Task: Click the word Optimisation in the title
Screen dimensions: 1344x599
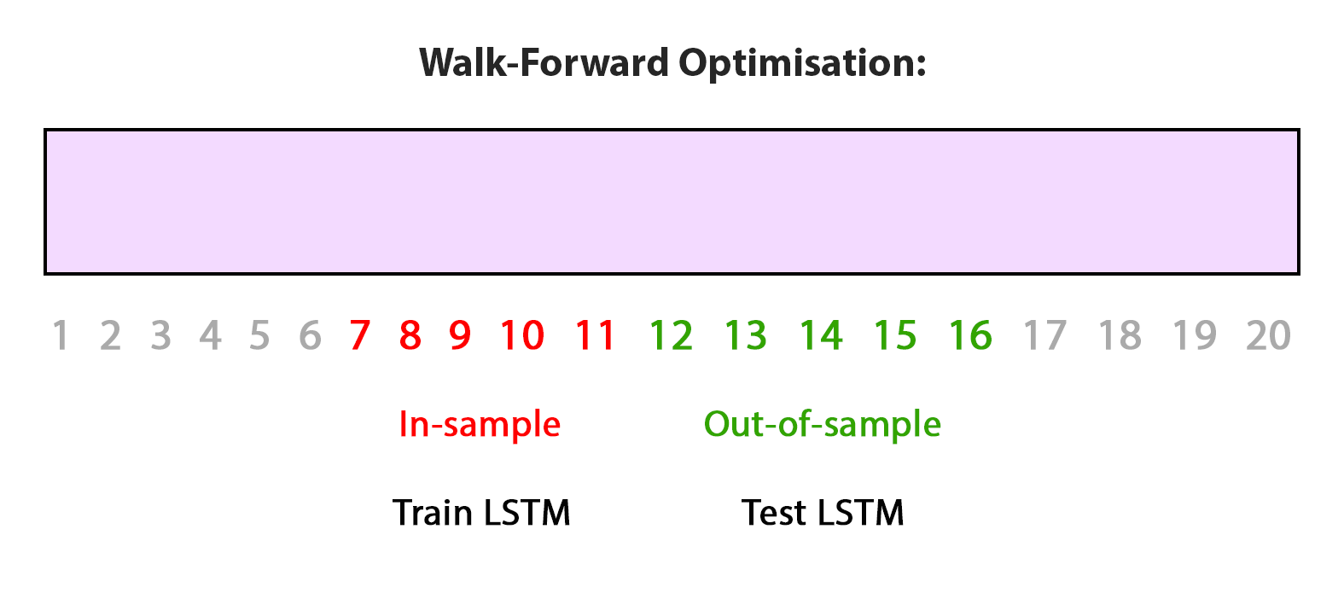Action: click(x=802, y=64)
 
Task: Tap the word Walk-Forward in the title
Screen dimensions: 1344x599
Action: click(x=544, y=62)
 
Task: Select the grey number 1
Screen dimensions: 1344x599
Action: click(x=61, y=335)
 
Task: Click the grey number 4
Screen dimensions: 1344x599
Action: click(x=211, y=335)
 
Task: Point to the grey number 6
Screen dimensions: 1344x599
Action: click(x=311, y=335)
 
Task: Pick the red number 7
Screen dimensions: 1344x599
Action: click(x=360, y=335)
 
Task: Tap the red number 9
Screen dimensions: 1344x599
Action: click(x=460, y=335)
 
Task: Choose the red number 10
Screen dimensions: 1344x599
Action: click(x=522, y=335)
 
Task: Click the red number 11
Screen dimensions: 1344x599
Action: click(x=596, y=335)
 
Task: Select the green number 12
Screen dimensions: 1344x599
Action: click(x=672, y=335)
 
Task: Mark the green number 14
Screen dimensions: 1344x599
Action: click(x=822, y=335)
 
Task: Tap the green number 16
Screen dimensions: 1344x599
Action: click(x=971, y=335)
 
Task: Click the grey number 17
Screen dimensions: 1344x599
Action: click(x=1045, y=335)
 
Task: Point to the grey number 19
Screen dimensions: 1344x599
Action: click(x=1195, y=335)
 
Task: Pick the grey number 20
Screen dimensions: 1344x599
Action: click(x=1268, y=335)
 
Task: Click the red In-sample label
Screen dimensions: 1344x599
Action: click(x=480, y=425)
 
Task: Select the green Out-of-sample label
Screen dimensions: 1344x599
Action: click(x=823, y=425)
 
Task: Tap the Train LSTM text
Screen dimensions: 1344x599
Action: click(x=481, y=513)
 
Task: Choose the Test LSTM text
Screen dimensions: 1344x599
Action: click(x=823, y=513)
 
